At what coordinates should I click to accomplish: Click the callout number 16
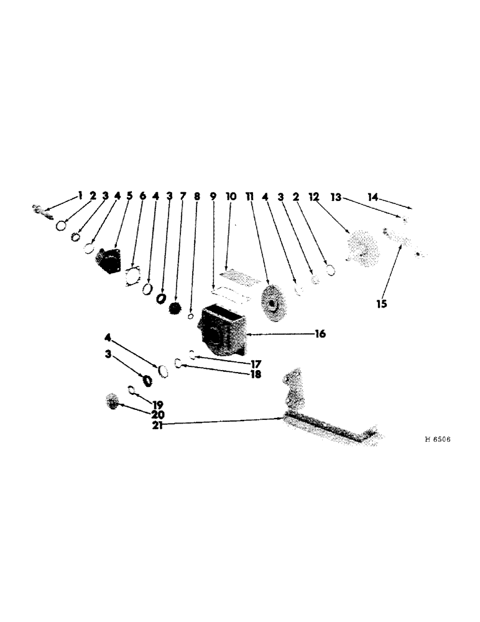pyautogui.click(x=319, y=334)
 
